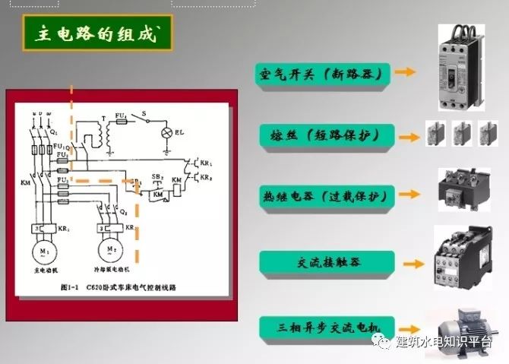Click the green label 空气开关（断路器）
(x=324, y=73)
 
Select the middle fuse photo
(x=462, y=136)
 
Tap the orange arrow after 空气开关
(x=406, y=73)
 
